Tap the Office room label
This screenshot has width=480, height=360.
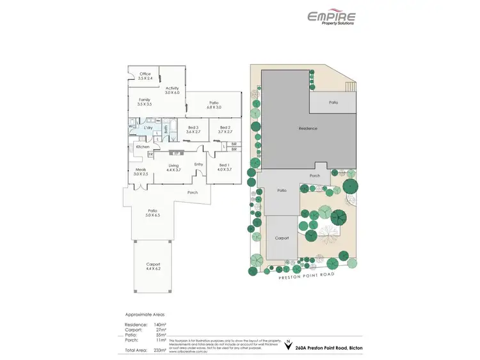click(x=145, y=76)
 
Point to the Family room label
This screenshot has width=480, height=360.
click(x=145, y=102)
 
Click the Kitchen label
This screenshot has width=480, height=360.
click(x=143, y=146)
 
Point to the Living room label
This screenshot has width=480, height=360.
click(x=173, y=168)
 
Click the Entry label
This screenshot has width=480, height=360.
click(x=198, y=164)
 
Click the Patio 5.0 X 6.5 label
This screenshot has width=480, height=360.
click(x=153, y=213)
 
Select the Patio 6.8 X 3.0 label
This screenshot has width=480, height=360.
click(x=214, y=105)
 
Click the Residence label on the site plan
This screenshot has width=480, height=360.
click(x=308, y=129)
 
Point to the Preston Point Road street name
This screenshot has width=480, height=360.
click(x=306, y=275)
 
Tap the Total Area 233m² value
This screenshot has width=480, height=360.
click(x=161, y=350)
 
